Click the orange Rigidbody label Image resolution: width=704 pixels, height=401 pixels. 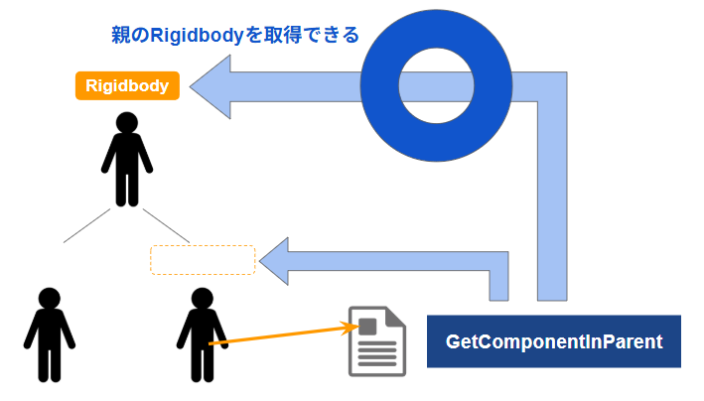(127, 86)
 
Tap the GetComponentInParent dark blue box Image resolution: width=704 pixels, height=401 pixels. (554, 341)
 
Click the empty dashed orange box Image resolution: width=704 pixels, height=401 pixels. (203, 259)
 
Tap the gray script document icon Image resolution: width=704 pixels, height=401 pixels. (377, 340)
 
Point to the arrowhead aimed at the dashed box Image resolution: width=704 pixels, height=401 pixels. (280, 261)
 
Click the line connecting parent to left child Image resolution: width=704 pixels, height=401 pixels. (86, 225)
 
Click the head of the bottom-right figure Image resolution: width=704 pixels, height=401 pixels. (202, 299)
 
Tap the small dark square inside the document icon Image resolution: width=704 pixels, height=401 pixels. (367, 326)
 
